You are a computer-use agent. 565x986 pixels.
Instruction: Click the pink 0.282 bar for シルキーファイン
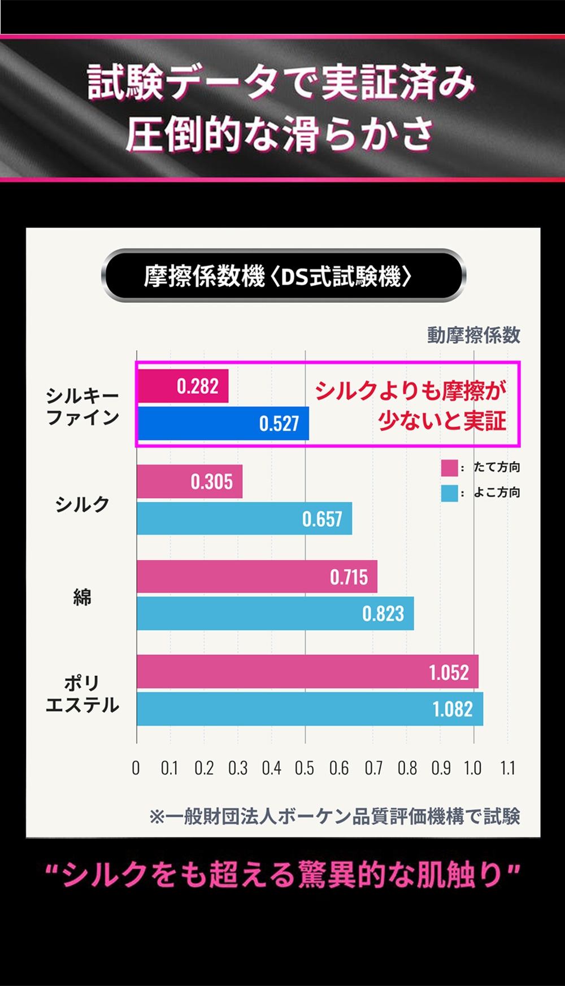[x=183, y=386]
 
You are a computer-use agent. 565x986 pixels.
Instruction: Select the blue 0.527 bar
[x=223, y=424]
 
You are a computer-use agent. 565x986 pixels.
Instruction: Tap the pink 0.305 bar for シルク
[x=190, y=482]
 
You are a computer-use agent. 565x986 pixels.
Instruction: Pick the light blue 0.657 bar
[x=244, y=518]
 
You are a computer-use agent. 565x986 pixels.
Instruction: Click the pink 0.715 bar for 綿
[x=257, y=577]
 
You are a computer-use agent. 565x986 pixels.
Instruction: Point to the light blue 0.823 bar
[x=275, y=613]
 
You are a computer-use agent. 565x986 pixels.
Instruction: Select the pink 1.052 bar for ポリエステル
[x=307, y=672]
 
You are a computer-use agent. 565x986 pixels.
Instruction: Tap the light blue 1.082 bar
[x=310, y=709]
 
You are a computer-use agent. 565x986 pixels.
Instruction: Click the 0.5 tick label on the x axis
[x=305, y=768]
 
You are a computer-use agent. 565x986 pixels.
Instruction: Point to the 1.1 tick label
[x=507, y=768]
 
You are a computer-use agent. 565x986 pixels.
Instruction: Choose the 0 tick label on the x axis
[x=136, y=768]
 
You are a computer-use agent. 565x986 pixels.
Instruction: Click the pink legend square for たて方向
[x=449, y=468]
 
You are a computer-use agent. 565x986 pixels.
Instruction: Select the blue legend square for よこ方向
[x=449, y=493]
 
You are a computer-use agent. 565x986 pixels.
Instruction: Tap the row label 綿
[x=82, y=596]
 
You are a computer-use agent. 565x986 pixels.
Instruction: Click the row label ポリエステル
[x=82, y=694]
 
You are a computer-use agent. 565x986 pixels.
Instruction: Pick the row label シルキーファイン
[x=82, y=407]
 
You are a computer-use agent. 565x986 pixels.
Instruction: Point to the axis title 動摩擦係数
[x=473, y=335]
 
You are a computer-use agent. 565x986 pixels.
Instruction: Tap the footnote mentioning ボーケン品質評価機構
[x=334, y=816]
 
